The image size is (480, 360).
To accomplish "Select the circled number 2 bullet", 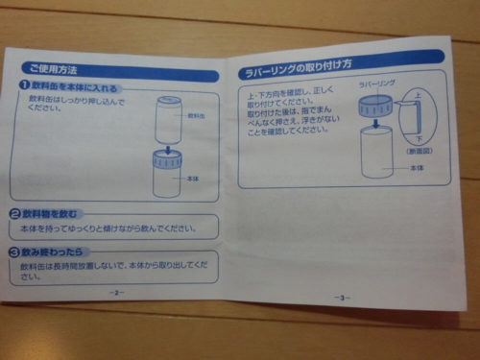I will point(16,213).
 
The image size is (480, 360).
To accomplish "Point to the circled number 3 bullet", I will point(14,252).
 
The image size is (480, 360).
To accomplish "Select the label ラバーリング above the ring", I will point(376,84).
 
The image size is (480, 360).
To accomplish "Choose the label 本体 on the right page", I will point(417,168).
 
